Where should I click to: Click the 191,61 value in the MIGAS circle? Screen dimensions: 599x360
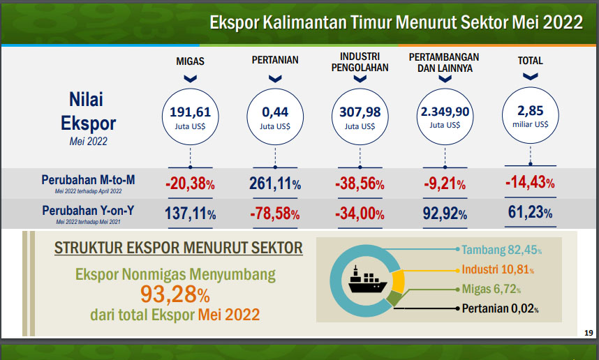click(191, 112)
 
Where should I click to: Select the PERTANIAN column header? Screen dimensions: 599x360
click(275, 60)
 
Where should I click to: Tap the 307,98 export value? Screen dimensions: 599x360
click(360, 112)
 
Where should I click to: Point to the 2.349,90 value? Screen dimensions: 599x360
click(445, 112)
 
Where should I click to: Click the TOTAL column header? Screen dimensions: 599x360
click(531, 60)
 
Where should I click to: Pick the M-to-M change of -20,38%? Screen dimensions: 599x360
click(190, 183)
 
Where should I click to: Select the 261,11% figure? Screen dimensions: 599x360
click(275, 183)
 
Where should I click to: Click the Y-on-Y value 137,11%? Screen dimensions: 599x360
click(191, 213)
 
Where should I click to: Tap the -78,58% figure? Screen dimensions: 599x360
click(274, 213)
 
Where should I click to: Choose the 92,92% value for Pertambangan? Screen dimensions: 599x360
click(445, 213)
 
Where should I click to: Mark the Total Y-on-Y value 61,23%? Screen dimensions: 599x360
click(531, 212)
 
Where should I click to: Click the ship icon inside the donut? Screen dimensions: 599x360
click(367, 280)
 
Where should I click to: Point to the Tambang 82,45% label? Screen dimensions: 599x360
click(501, 250)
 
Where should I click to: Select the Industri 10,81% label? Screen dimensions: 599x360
click(498, 269)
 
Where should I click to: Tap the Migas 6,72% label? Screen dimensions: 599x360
click(491, 289)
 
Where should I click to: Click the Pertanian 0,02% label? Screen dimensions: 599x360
click(500, 308)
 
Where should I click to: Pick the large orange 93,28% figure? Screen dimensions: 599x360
click(175, 294)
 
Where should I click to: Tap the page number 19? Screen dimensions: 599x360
click(589, 333)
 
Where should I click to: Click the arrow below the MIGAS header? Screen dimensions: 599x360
click(191, 79)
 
